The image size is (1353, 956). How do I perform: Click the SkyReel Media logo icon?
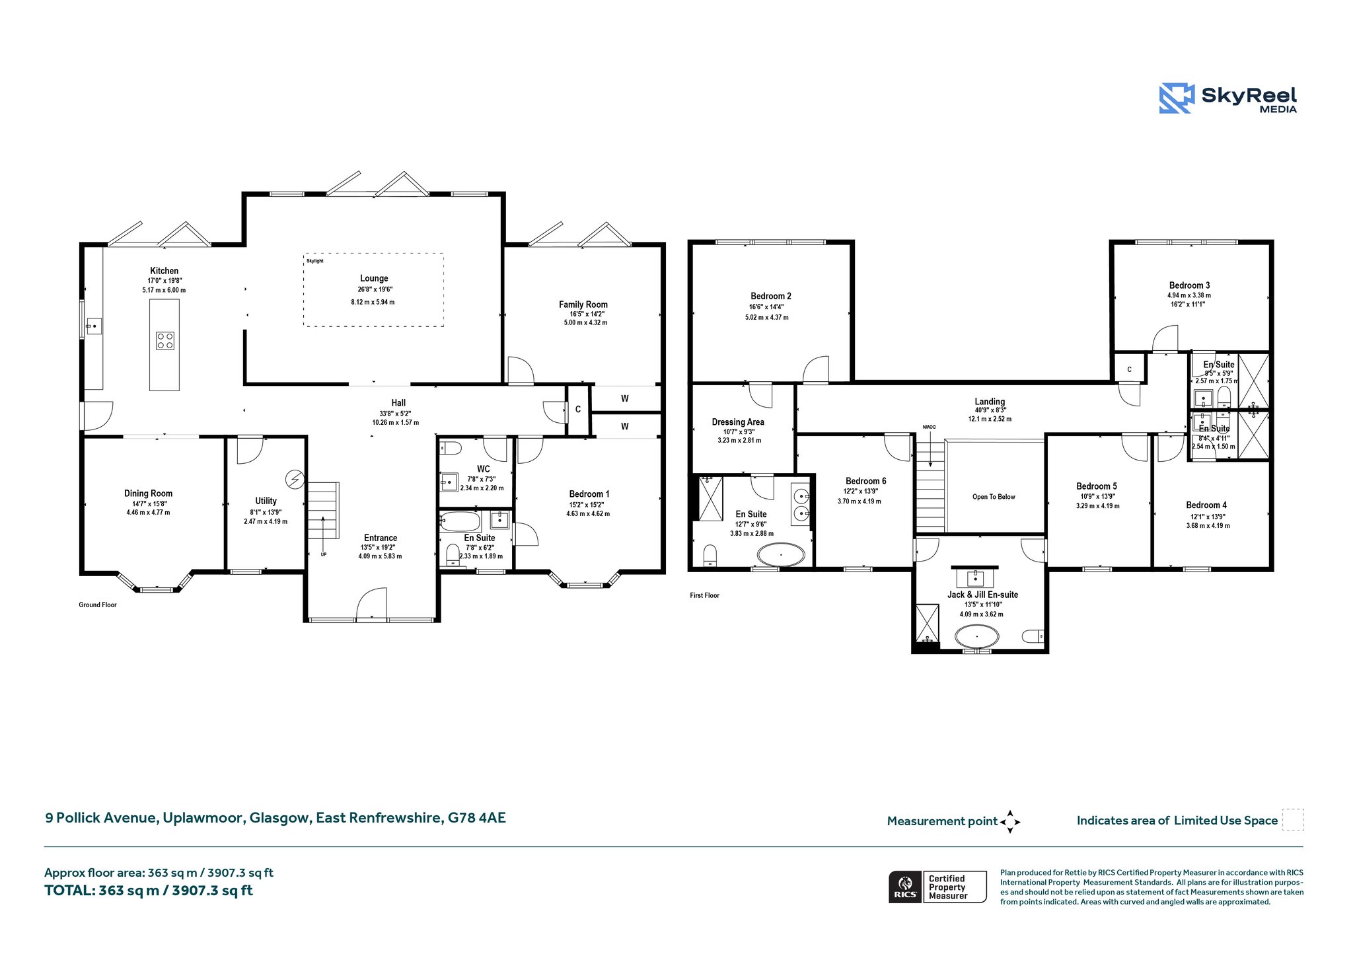1177,98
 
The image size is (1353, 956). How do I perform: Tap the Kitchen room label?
165,271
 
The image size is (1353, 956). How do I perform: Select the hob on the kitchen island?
165,340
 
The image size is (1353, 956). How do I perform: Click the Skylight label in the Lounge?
315,261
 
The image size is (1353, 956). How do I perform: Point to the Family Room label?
583,305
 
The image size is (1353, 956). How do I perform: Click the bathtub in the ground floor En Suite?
460,521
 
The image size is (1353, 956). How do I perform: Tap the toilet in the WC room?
451,448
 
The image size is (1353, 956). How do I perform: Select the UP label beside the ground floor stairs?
324,554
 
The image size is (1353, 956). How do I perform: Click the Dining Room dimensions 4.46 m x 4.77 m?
148,512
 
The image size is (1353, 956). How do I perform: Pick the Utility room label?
266,501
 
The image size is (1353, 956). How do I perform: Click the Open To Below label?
994,497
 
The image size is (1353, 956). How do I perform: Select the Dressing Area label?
738,422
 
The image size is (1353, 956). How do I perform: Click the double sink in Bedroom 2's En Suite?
801,504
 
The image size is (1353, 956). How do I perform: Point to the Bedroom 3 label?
1190,285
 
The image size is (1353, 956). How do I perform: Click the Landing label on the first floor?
990,402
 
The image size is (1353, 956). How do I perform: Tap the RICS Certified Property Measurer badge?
937,887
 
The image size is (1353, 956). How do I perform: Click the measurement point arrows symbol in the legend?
1010,822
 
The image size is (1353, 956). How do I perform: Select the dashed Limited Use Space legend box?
1293,819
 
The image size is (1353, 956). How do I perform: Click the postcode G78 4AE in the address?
477,818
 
